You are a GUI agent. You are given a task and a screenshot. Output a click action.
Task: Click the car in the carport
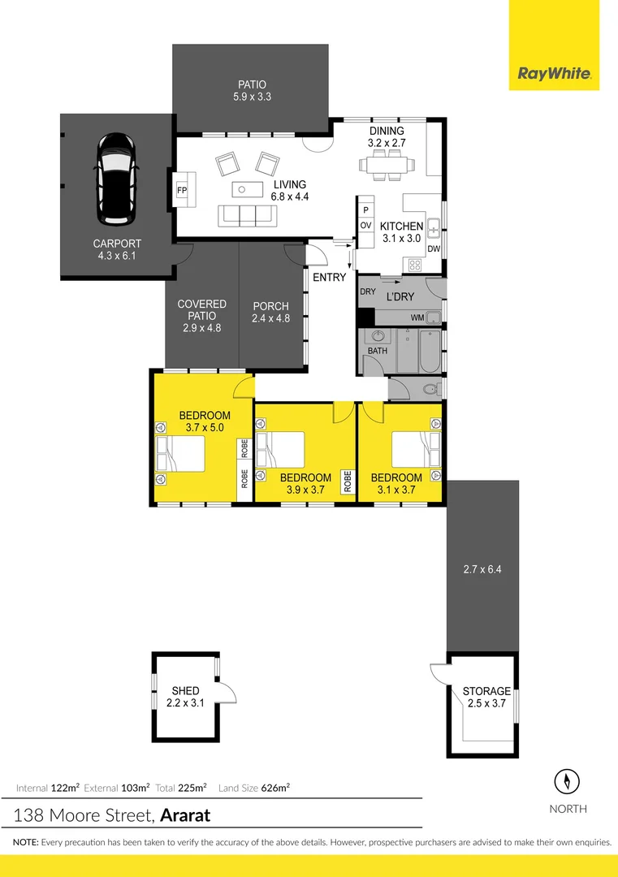pyautogui.click(x=118, y=179)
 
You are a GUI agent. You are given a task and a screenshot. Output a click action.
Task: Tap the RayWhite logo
pyautogui.click(x=554, y=76)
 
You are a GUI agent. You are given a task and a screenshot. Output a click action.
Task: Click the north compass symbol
pyautogui.click(x=566, y=782)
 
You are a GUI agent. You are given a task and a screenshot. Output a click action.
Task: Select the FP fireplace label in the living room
pyautogui.click(x=182, y=191)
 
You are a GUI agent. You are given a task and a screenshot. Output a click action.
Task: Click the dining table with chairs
pyautogui.click(x=387, y=165)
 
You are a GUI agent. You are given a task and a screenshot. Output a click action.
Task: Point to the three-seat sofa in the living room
pyautogui.click(x=247, y=216)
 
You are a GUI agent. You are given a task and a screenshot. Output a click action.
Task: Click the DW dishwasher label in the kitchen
pyautogui.click(x=434, y=249)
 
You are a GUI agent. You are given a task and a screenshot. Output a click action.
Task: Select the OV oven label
pyautogui.click(x=365, y=225)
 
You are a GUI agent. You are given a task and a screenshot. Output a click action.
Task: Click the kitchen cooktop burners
pyautogui.click(x=415, y=264)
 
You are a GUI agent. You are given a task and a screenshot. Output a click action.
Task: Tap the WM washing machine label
pyautogui.click(x=417, y=318)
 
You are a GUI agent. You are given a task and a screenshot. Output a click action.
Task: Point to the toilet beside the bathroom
pyautogui.click(x=430, y=391)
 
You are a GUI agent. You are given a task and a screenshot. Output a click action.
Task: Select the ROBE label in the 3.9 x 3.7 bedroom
pyautogui.click(x=347, y=482)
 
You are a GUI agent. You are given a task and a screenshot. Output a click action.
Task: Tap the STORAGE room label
pyautogui.click(x=486, y=692)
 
